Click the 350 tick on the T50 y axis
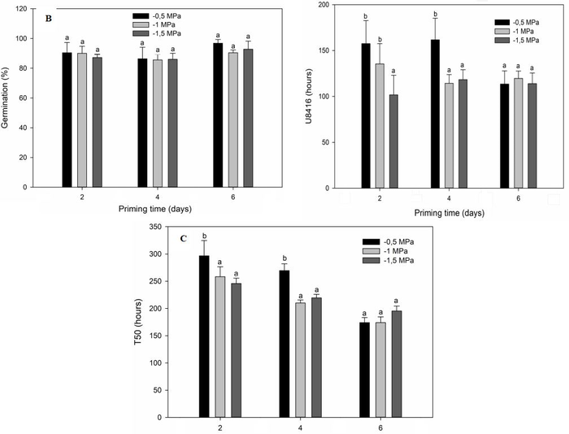(x=172, y=228)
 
